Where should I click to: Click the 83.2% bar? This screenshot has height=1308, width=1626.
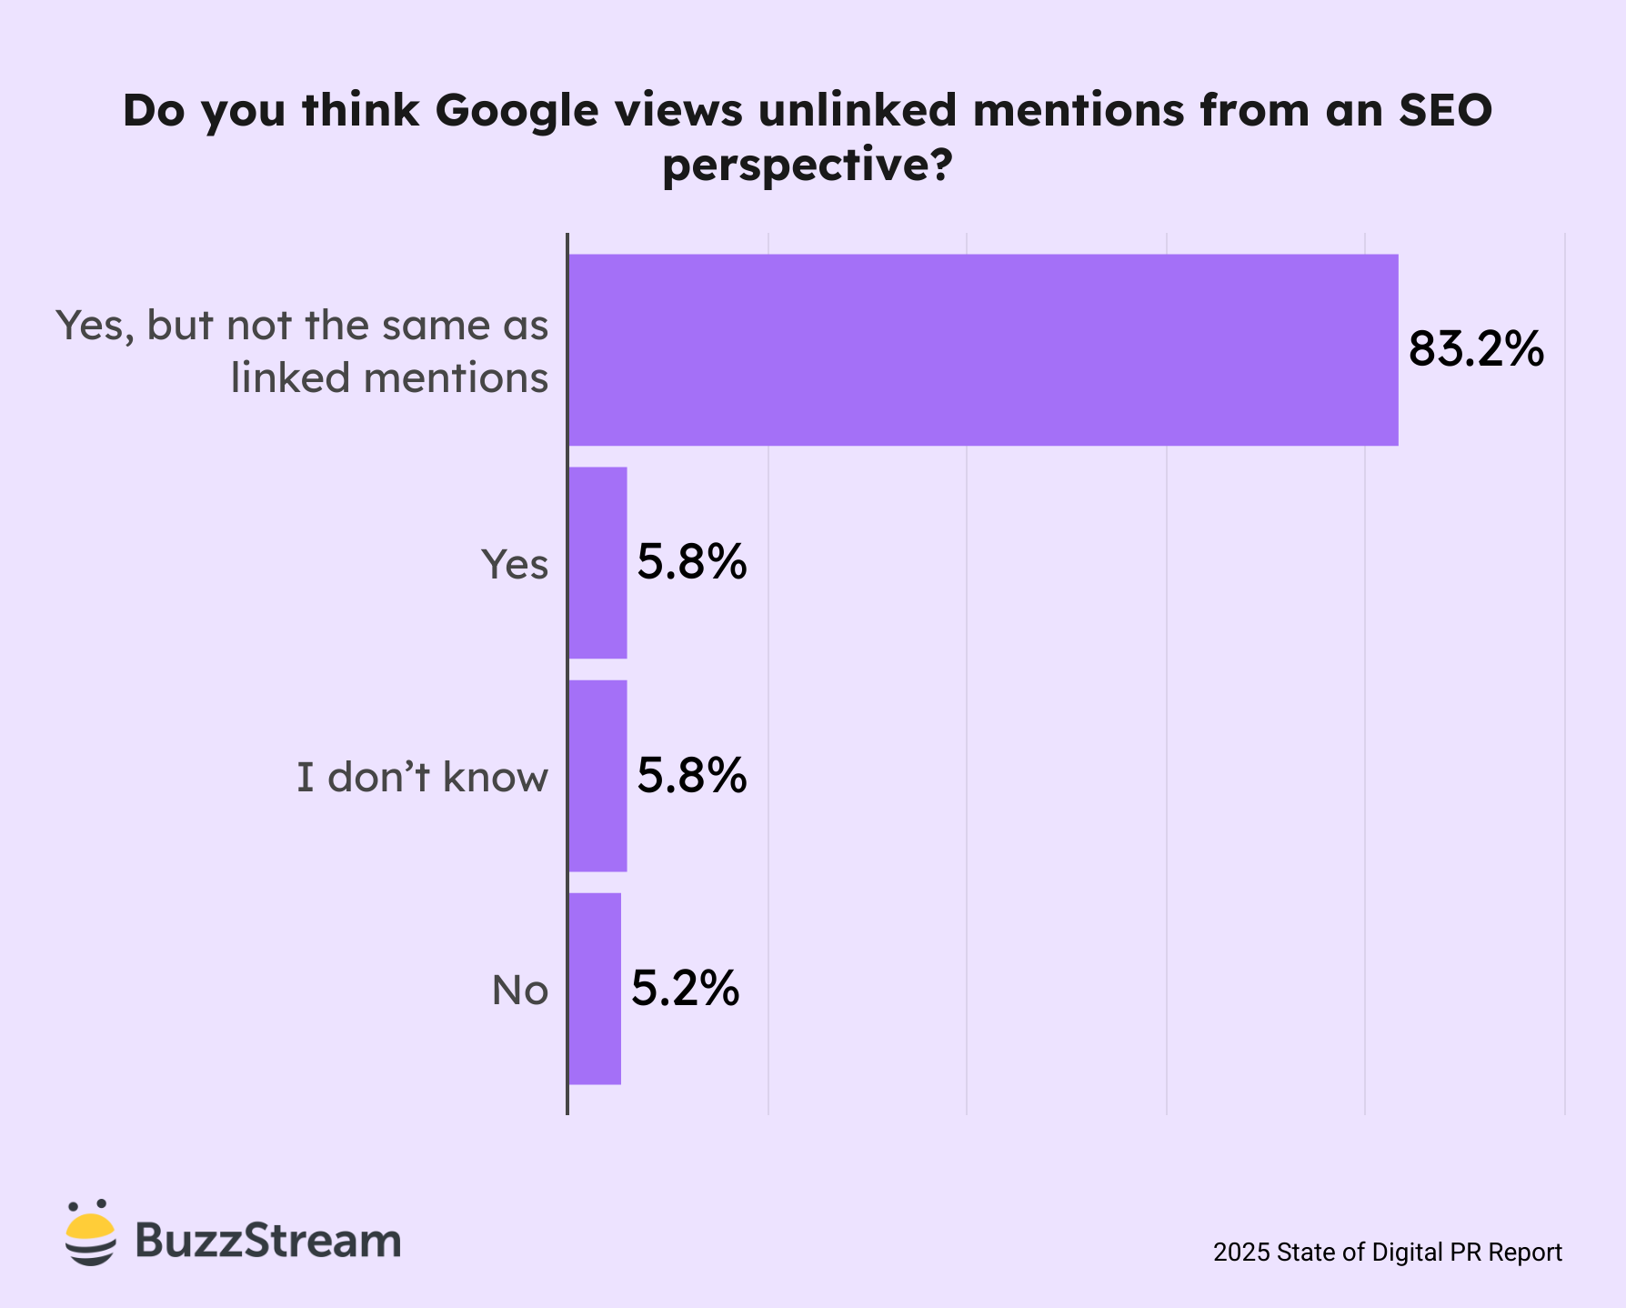click(x=982, y=349)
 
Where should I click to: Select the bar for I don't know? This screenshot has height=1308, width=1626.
click(x=597, y=775)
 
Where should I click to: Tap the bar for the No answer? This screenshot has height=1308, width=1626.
click(x=595, y=988)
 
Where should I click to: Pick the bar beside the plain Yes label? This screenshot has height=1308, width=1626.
click(x=597, y=562)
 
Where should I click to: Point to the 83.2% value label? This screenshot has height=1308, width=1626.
click(x=1475, y=349)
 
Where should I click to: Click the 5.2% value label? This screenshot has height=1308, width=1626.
click(x=685, y=989)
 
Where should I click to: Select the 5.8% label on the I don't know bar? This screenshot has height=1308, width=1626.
click(x=691, y=776)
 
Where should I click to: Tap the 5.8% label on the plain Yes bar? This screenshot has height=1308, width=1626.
click(x=691, y=562)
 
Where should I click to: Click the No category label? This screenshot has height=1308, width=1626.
click(x=519, y=990)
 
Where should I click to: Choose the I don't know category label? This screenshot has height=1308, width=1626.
click(x=423, y=778)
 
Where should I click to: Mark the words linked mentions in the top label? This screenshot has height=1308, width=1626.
click(x=389, y=377)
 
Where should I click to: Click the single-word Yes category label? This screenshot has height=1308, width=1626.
click(x=515, y=564)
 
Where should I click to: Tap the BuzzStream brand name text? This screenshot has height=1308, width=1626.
click(x=268, y=1240)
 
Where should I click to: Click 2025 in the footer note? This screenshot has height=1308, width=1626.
click(x=1241, y=1253)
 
